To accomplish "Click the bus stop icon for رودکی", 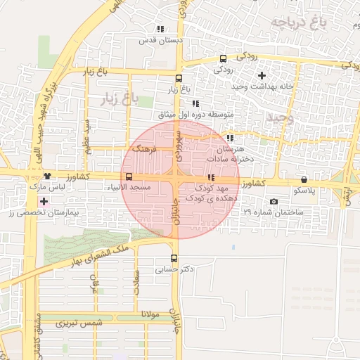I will (x=223, y=59).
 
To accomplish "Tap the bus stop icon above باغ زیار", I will (x=178, y=79).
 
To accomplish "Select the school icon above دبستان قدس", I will (x=160, y=30).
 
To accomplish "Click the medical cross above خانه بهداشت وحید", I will (x=262, y=75).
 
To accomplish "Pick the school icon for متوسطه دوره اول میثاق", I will (x=195, y=103).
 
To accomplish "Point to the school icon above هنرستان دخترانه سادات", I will (x=230, y=139).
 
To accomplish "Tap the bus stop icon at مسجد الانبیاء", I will (x=128, y=177).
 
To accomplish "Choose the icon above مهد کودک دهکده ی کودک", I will (x=211, y=178).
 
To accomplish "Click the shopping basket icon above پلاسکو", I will (x=304, y=179).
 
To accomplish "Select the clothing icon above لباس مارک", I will (x=47, y=176).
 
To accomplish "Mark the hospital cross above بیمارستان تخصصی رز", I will (x=44, y=202).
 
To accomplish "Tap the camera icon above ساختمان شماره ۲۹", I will (x=274, y=202).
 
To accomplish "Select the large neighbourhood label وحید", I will (x=278, y=117).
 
